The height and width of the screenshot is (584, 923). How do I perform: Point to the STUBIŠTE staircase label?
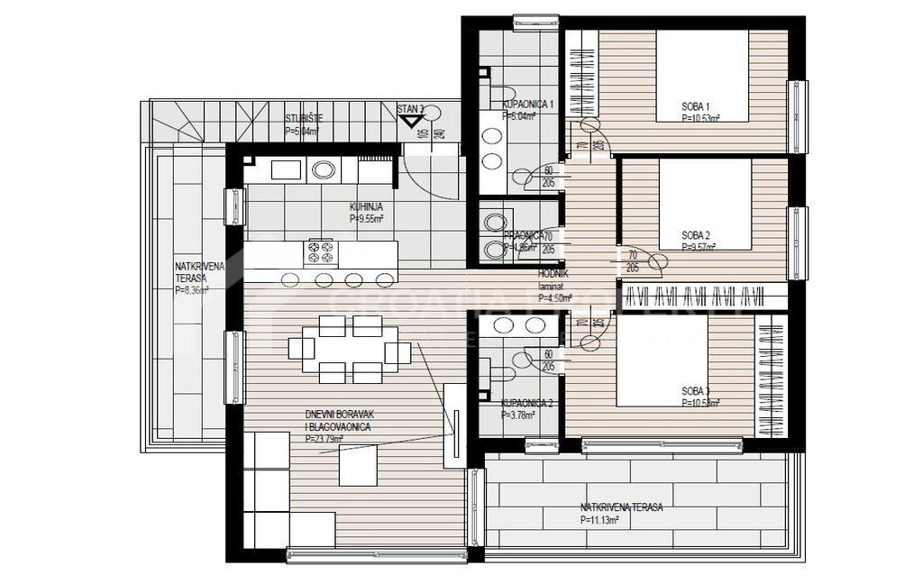[304, 119]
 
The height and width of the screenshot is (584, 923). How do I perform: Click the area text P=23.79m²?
[337, 440]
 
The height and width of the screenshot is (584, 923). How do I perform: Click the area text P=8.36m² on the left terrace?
[190, 290]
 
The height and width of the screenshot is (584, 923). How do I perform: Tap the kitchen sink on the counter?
[324, 169]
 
